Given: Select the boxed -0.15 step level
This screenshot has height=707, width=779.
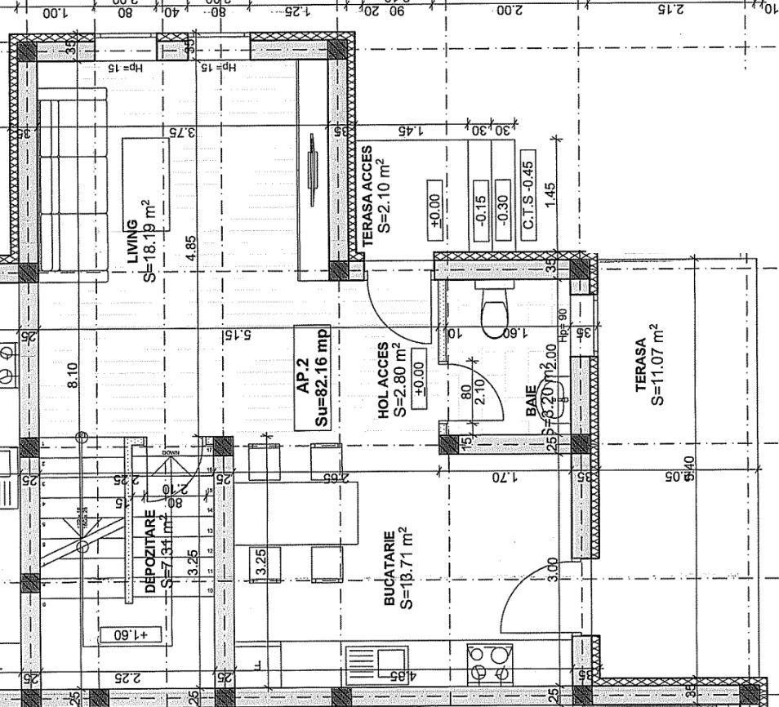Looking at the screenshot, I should point(480,211).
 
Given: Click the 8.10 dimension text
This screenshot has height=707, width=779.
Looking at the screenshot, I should point(74,376).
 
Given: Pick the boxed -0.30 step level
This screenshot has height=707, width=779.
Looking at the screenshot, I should point(503,211).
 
